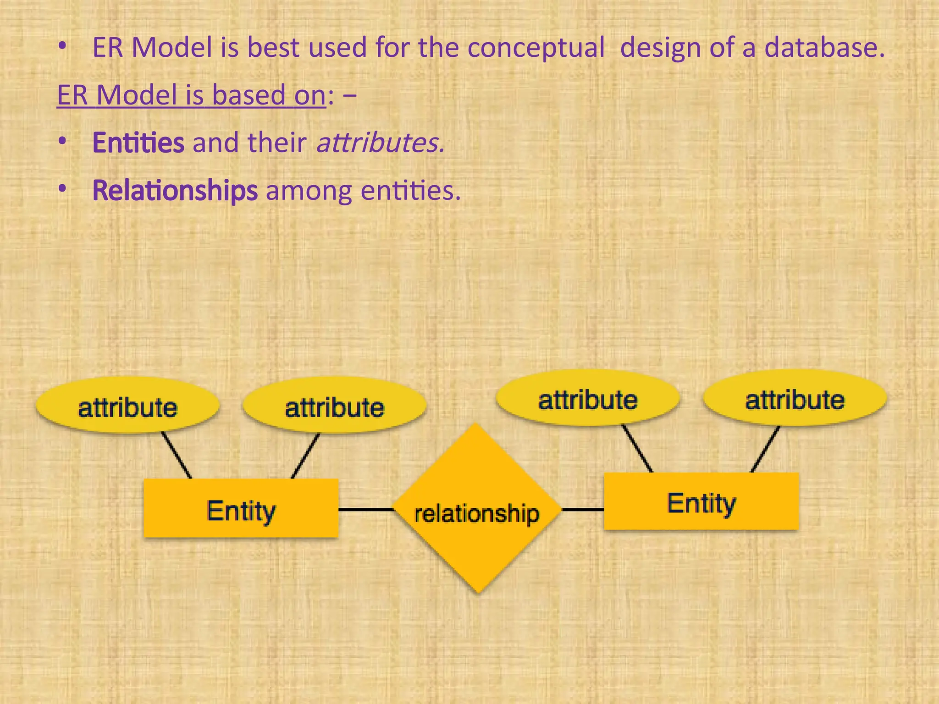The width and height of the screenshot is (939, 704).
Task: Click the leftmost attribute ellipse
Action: coord(127,405)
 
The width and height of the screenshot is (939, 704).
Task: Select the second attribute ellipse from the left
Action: coord(334,405)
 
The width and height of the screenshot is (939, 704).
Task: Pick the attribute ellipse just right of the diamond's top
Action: coord(588,398)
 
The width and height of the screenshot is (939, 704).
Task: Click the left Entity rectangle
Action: coord(241,508)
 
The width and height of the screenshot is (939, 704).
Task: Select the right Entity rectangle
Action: coord(701,501)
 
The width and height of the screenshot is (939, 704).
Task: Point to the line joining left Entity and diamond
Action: coord(365,509)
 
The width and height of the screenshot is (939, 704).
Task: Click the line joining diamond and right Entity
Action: coord(583,509)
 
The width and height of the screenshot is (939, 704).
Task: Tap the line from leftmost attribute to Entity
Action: coord(177,455)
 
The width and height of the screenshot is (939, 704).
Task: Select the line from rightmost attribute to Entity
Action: coord(765,449)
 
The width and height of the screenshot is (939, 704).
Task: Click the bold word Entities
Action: coord(138,143)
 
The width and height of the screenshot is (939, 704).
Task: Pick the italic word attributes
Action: coord(381,143)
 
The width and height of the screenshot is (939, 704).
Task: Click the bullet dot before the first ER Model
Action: coord(62,46)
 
